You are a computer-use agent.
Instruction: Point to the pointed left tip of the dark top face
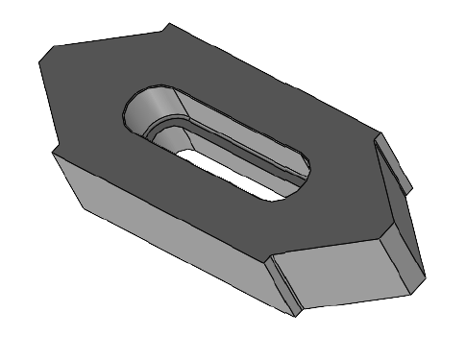point(37,60)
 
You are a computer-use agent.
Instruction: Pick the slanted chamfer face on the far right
point(401,230)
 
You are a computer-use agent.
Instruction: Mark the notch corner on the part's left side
point(53,152)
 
